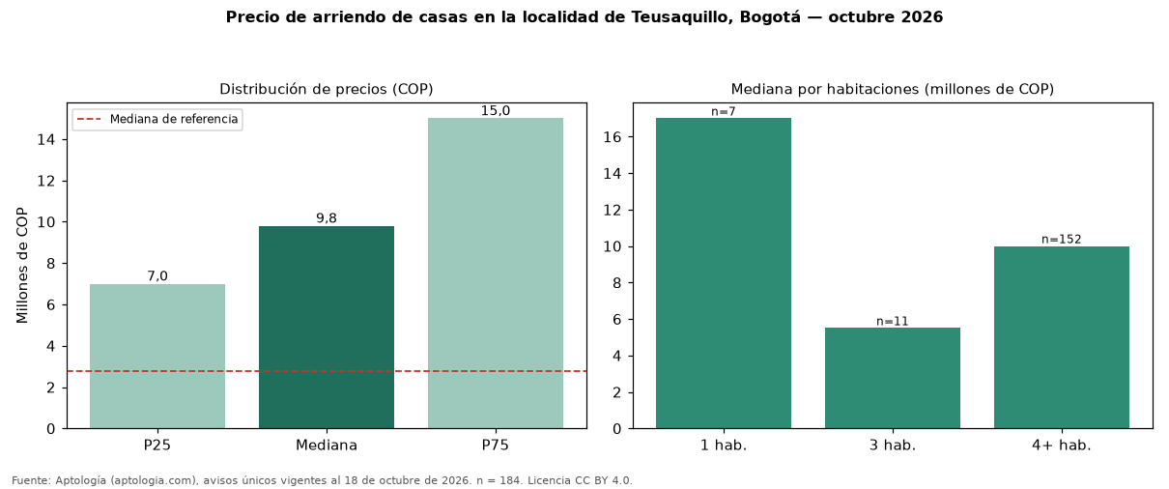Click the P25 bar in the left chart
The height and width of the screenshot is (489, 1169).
[157, 357]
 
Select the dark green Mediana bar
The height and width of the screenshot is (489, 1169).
[327, 328]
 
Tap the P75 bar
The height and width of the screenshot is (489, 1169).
[496, 273]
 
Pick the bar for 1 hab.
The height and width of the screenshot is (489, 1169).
[724, 273]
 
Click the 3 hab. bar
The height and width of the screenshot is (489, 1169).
[893, 379]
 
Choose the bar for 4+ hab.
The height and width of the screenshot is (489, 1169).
[1062, 337]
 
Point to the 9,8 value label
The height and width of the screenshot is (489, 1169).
[327, 218]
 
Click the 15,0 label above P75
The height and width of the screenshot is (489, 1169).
[496, 110]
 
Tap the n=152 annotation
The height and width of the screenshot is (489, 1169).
[1062, 239]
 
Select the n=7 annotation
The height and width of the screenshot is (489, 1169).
[724, 111]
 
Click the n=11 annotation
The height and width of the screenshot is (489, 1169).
[893, 321]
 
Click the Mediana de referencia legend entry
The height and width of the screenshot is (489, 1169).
[157, 120]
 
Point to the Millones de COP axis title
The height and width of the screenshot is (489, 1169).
[21, 266]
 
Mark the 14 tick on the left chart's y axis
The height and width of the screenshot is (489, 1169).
[46, 140]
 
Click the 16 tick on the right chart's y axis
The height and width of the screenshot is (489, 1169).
[613, 137]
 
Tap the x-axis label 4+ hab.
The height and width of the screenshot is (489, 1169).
[1062, 446]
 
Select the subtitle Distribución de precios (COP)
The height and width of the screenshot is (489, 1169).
[327, 89]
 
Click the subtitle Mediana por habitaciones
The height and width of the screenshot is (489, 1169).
[827, 89]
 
